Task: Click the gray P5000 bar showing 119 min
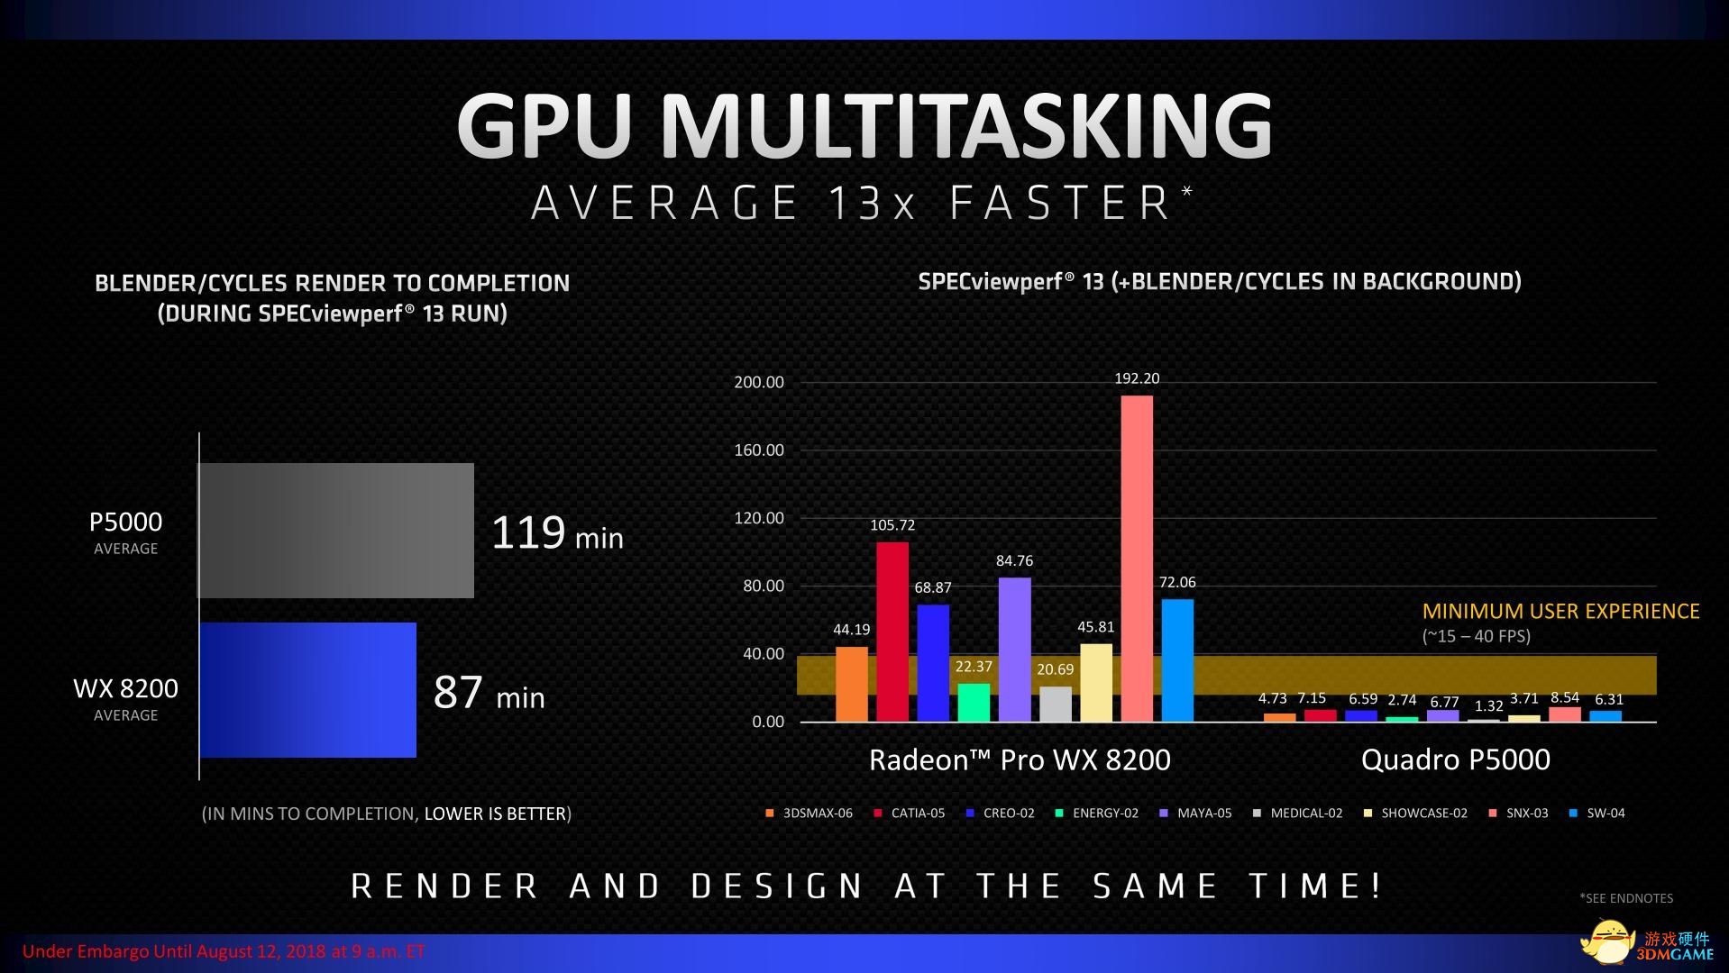pos(335,530)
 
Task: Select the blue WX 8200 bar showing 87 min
pos(307,689)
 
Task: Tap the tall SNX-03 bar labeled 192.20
pos(1137,559)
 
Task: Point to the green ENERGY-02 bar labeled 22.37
pos(974,702)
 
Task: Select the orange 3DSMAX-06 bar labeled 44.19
pos(852,684)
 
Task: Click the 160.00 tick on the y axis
pos(759,450)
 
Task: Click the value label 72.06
pos(1177,583)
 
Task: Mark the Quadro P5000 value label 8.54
pos(1565,697)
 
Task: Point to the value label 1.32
pos(1488,706)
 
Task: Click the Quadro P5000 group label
pos(1455,759)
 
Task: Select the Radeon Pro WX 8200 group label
pos(1020,759)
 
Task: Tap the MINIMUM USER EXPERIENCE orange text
pos(1560,612)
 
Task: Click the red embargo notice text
pos(224,951)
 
